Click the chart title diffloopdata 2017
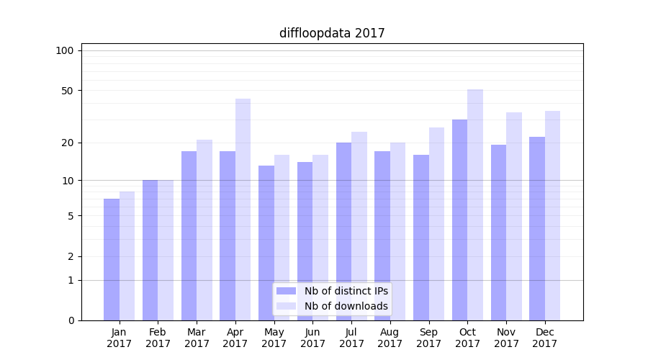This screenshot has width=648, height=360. click(332, 33)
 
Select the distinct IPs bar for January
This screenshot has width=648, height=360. click(112, 259)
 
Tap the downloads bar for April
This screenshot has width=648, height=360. click(243, 209)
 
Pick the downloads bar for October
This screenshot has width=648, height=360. click(475, 205)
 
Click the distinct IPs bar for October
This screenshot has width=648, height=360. click(459, 220)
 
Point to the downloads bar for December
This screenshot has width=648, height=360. click(552, 216)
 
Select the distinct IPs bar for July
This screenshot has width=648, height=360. click(343, 230)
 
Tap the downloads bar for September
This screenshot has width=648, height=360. click(436, 223)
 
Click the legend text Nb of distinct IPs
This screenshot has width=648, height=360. click(346, 291)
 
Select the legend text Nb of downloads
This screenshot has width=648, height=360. click(346, 306)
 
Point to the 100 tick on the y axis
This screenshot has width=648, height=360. click(65, 50)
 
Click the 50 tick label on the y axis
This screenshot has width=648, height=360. click(68, 91)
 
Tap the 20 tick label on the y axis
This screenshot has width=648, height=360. click(68, 143)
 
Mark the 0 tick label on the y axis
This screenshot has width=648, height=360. click(71, 320)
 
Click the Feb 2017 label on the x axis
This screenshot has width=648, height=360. click(158, 338)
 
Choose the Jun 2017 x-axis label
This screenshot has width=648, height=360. click(312, 338)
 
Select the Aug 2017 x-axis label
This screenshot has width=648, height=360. click(390, 338)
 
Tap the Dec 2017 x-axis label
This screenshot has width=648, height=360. click(545, 338)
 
